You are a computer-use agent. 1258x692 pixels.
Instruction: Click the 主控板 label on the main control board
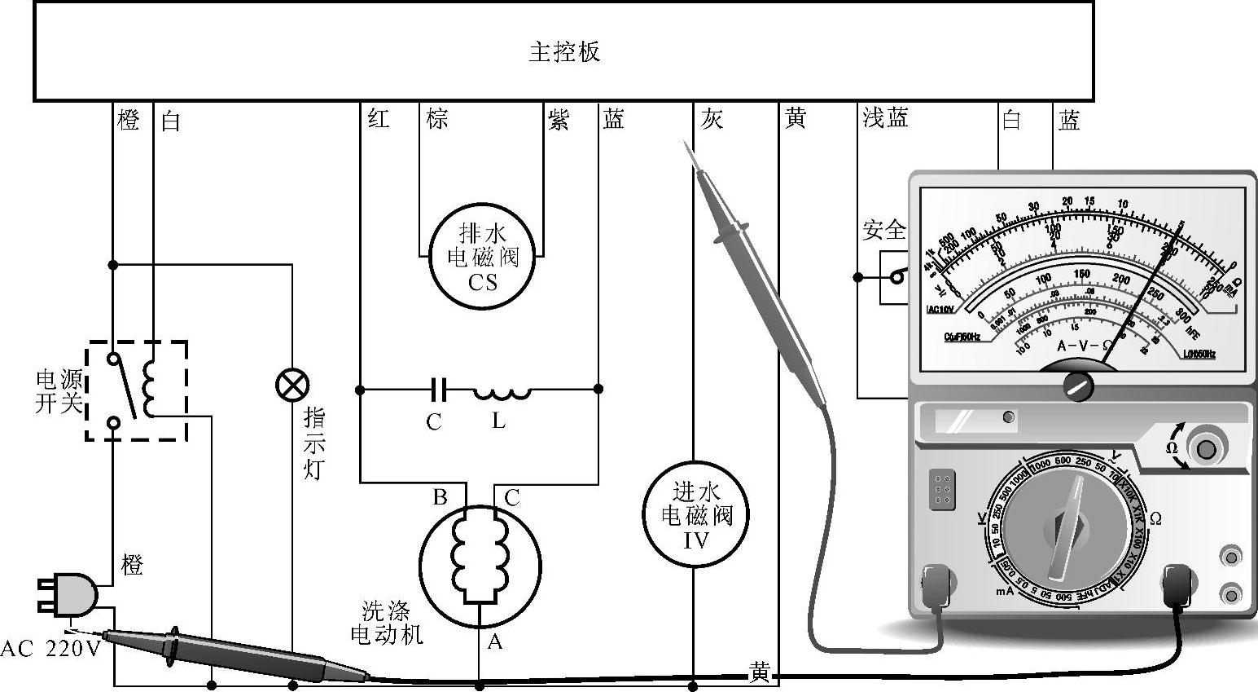[x=564, y=52]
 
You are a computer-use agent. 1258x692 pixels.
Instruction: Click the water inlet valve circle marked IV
[x=695, y=515]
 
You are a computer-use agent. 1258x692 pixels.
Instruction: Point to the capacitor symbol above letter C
[x=439, y=390]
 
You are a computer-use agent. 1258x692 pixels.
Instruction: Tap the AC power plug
[x=70, y=593]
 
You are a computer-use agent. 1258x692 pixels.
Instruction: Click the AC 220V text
[x=50, y=649]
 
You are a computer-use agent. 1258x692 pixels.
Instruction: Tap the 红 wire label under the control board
[x=379, y=119]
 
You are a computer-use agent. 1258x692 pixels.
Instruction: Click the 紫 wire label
[x=559, y=120]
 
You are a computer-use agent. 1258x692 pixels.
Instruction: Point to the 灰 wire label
[x=712, y=120]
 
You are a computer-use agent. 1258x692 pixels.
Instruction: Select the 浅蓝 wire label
[x=885, y=119]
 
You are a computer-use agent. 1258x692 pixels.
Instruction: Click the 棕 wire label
[x=437, y=119]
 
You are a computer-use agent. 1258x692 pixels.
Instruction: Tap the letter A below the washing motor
[x=494, y=642]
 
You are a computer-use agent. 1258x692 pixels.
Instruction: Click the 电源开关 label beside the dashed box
[x=59, y=391]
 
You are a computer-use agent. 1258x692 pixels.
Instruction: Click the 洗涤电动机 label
[x=387, y=623]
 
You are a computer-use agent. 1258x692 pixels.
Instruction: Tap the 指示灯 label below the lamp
[x=315, y=443]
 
